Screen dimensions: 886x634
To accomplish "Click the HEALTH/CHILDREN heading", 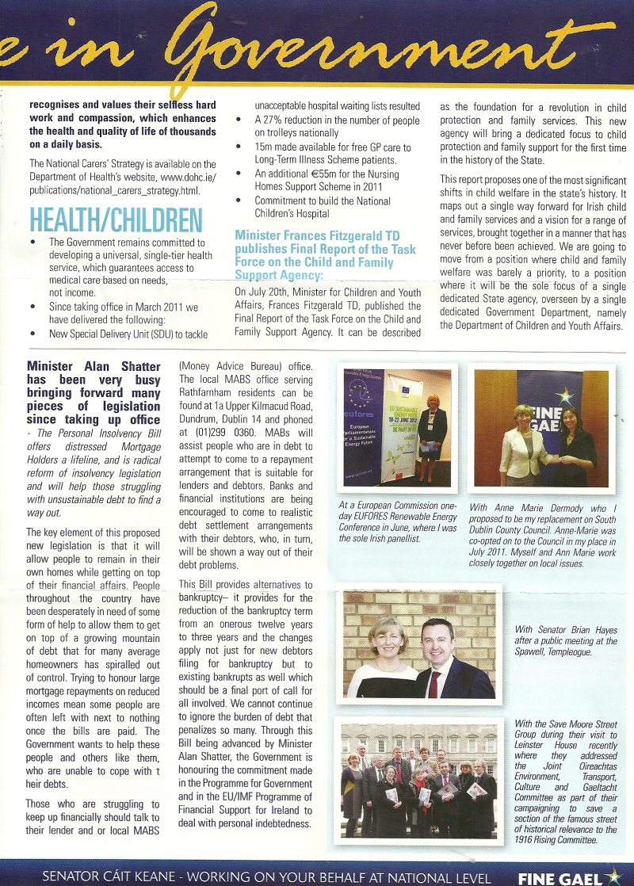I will click(x=116, y=220).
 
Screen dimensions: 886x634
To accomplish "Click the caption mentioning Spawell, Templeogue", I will click(x=565, y=641).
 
